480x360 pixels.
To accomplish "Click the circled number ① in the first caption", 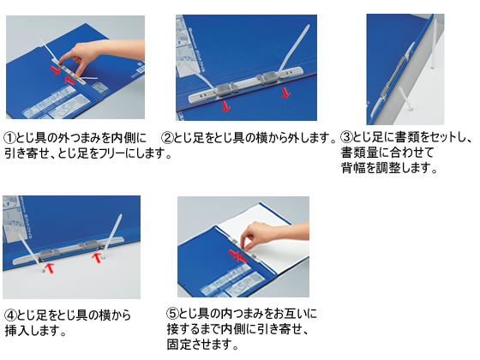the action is tap(9, 138).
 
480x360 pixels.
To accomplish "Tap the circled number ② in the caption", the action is tap(167, 138).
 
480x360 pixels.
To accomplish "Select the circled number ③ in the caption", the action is tap(347, 137).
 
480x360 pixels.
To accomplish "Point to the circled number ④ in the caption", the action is tap(10, 315).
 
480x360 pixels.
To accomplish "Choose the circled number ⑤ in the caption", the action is tap(172, 314).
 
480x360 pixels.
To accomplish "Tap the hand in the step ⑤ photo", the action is tap(269, 235).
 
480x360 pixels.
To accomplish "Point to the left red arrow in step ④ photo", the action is tap(50, 268).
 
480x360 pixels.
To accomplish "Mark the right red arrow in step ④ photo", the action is tap(97, 257).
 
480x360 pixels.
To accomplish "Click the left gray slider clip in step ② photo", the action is tap(226, 89).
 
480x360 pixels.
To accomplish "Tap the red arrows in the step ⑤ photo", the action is tap(237, 256).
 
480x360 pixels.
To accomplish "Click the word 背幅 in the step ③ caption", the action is tap(352, 168).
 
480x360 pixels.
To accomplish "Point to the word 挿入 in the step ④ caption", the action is tap(16, 331).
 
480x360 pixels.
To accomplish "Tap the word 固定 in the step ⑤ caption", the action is tap(178, 345).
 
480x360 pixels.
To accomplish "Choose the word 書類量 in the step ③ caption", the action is tap(358, 153).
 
